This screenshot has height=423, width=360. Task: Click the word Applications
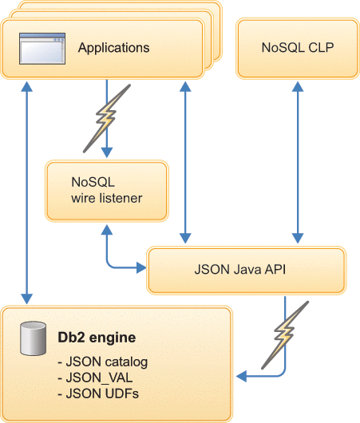point(113,48)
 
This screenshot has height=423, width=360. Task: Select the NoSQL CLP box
point(297,48)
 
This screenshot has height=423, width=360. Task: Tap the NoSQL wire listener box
point(106,190)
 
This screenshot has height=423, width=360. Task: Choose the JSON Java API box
point(246,271)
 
